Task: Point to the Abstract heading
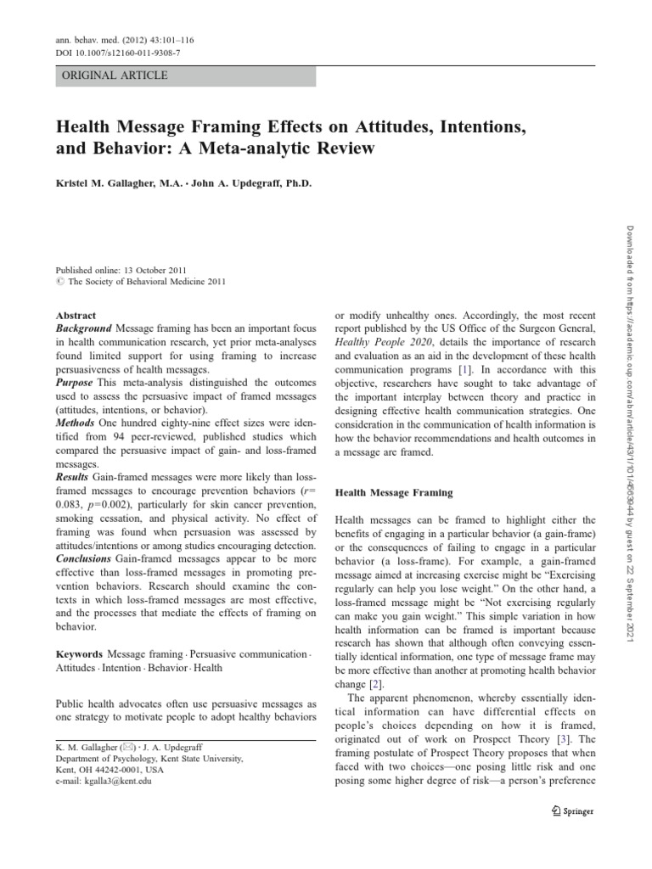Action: click(x=76, y=314)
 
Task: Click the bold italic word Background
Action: click(x=83, y=328)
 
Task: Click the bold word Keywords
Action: click(x=79, y=654)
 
